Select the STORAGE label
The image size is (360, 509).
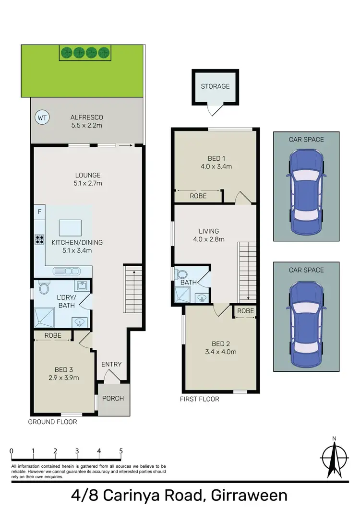click(x=215, y=86)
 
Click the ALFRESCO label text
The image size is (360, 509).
click(x=87, y=117)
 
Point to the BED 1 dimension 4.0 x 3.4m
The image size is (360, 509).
click(x=216, y=166)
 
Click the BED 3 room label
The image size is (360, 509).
click(x=63, y=369)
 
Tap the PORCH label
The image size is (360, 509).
click(x=113, y=398)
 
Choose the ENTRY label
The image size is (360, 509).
click(x=111, y=364)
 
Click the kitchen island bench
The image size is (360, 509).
click(x=70, y=226)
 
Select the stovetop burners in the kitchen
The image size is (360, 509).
click(x=39, y=240)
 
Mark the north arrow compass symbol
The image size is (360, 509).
click(x=334, y=455)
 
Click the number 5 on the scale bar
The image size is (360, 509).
click(x=121, y=451)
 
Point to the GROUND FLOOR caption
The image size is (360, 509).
click(x=52, y=422)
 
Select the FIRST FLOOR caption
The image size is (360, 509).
click(x=200, y=399)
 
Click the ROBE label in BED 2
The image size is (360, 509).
click(x=245, y=311)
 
